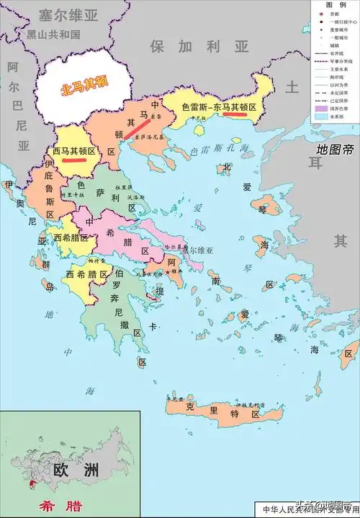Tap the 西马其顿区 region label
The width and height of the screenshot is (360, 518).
[x=74, y=151]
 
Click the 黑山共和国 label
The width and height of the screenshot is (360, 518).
[x=53, y=34]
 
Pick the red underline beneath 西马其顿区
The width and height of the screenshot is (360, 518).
[x=76, y=160]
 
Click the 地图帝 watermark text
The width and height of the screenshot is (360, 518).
[x=336, y=150]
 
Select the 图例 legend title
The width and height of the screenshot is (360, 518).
[x=335, y=5]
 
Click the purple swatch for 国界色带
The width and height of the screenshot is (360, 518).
[x=318, y=106]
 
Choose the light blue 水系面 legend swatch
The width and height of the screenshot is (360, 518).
[x=318, y=115]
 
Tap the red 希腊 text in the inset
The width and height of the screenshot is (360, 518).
[x=50, y=506]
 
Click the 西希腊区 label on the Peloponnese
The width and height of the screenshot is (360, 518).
[x=89, y=274]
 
